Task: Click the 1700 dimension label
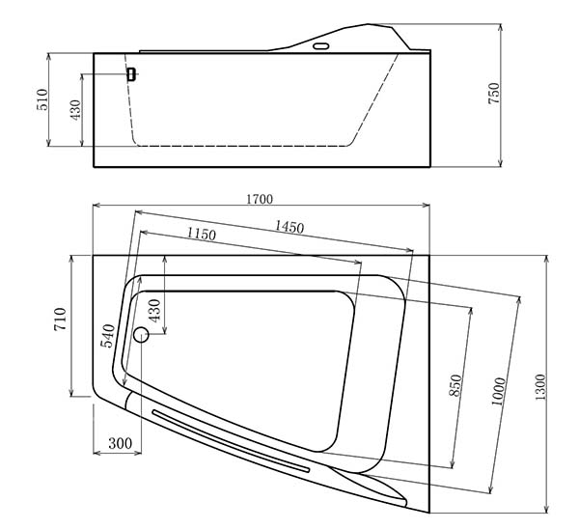pos(260,199)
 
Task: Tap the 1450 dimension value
pos(289,227)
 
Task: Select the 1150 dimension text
pos(201,234)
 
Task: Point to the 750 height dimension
pos(494,93)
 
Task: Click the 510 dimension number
pos(42,99)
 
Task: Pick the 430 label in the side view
pos(75,110)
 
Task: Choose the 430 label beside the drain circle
pos(154,310)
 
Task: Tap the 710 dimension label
pos(60,320)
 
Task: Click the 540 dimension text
pos(108,335)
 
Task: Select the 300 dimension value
pos(120,443)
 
